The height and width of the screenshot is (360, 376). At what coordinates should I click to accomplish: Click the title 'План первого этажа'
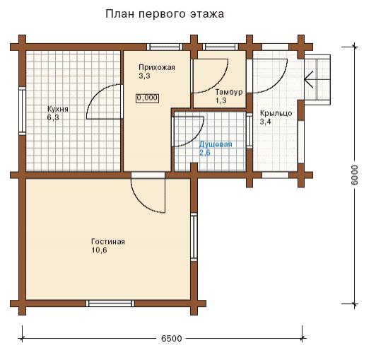[165, 14]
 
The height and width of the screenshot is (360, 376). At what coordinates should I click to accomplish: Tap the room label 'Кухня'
[58, 109]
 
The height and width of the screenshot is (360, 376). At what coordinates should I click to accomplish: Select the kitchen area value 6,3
[53, 117]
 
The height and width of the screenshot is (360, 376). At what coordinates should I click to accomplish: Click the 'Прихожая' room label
[157, 67]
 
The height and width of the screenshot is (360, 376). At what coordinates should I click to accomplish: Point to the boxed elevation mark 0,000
[147, 98]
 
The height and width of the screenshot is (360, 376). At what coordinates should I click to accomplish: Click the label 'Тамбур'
[229, 92]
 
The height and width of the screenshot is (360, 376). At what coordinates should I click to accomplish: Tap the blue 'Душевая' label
[216, 144]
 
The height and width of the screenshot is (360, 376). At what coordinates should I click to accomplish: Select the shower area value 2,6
[204, 153]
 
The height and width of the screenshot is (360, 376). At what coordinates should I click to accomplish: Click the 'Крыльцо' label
[276, 113]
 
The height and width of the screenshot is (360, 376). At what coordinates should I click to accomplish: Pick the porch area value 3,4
[266, 122]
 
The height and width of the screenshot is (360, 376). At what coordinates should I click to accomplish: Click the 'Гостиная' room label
[108, 241]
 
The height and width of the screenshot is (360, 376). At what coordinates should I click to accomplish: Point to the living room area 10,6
[99, 250]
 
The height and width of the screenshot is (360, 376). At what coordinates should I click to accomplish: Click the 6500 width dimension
[171, 339]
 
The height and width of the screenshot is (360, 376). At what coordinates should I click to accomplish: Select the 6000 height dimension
[354, 175]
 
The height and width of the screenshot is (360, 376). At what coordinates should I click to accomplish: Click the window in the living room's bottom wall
[110, 303]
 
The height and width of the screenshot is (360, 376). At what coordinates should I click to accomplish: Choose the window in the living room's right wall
[194, 237]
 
